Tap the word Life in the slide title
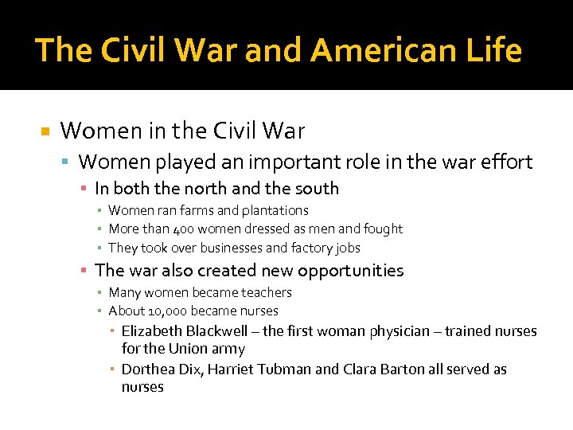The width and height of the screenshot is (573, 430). (493, 50)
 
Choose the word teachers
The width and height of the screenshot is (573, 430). (264, 292)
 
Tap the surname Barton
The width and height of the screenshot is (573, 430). (400, 369)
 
